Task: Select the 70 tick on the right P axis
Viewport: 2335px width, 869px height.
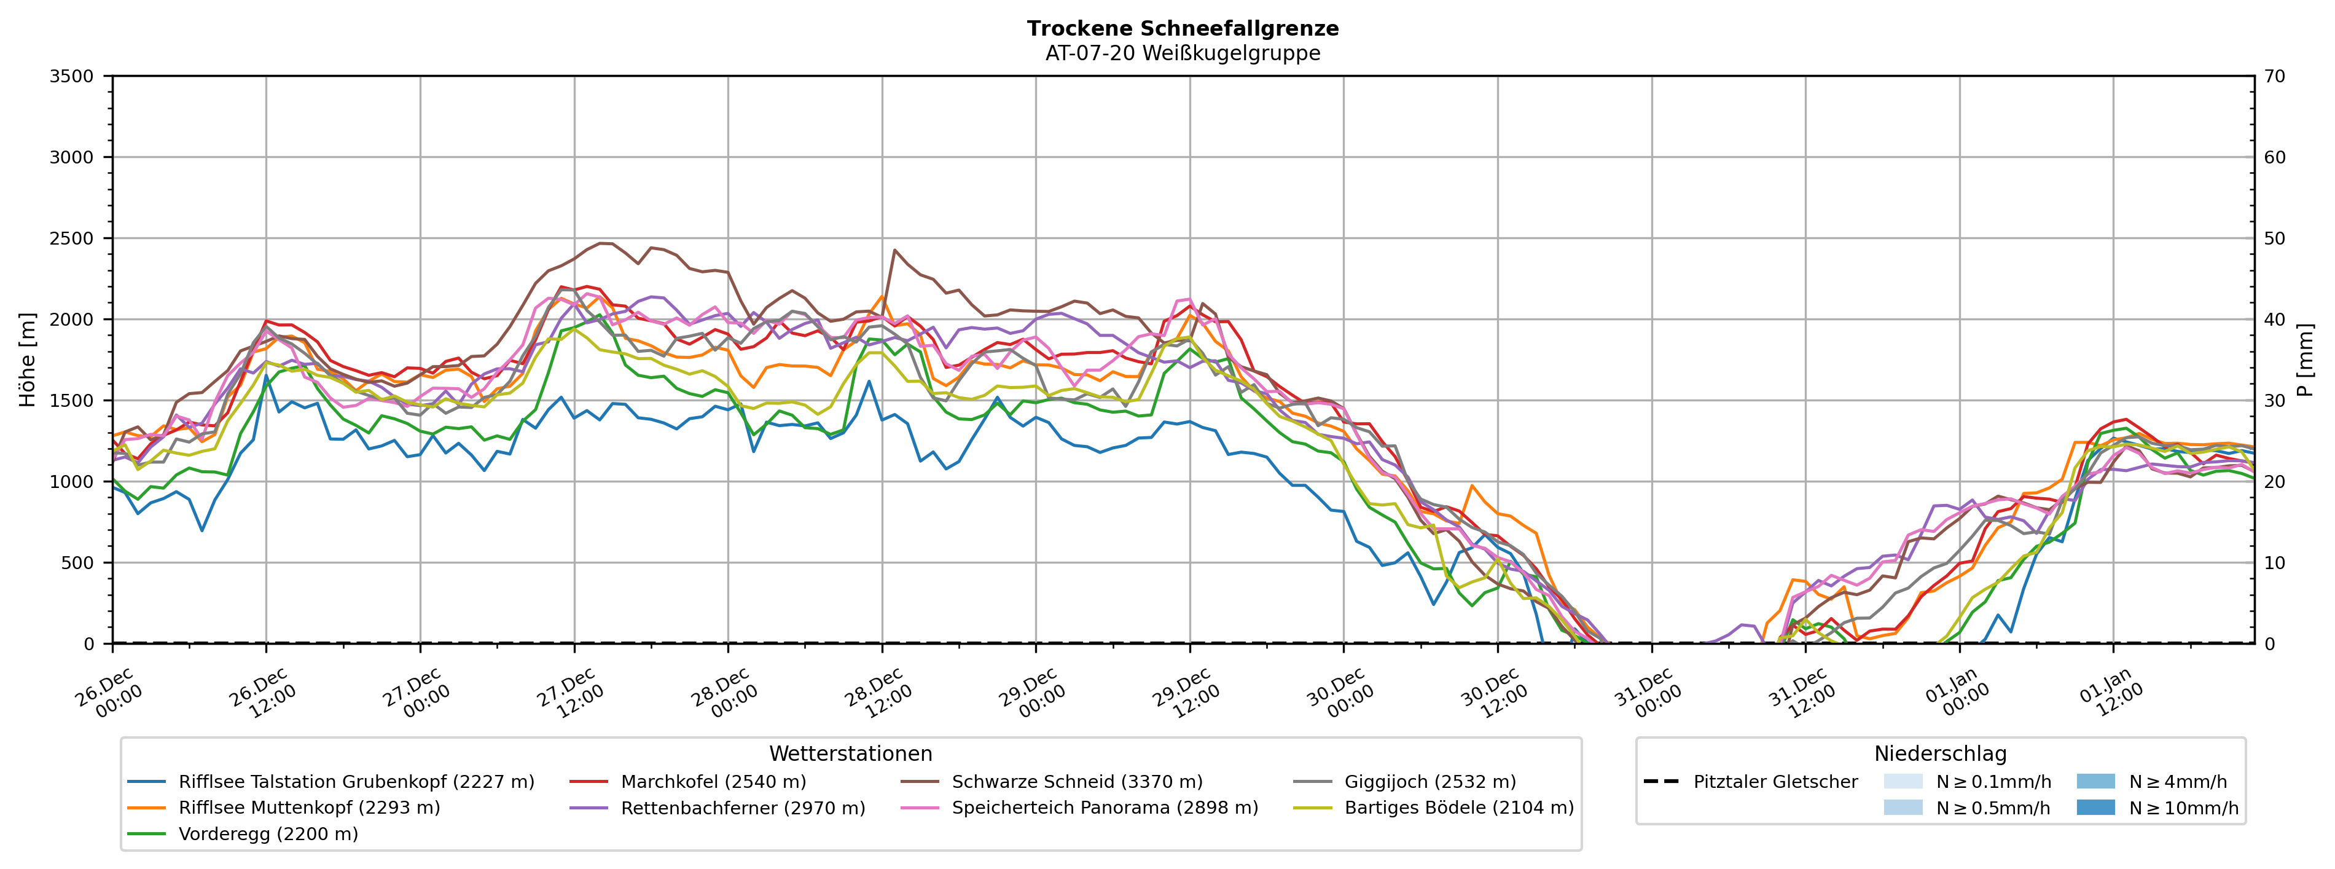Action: tap(2274, 76)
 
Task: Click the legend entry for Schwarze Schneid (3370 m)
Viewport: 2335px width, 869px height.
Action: tap(1077, 782)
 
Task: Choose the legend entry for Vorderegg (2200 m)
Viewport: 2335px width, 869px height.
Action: tap(268, 833)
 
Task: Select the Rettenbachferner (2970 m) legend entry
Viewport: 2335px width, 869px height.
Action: tap(742, 808)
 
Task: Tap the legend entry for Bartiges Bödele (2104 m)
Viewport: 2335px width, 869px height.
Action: tap(1458, 808)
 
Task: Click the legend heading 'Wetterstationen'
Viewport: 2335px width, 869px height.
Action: tap(850, 754)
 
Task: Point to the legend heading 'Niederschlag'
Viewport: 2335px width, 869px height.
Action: tap(1940, 754)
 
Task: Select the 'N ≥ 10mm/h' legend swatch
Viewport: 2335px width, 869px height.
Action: tap(2095, 808)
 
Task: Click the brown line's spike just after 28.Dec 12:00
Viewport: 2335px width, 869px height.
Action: tap(894, 250)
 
